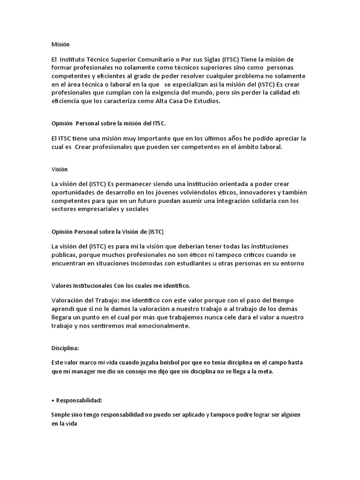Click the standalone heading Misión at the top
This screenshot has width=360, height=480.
[x=60, y=45]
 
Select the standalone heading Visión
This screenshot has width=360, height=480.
[x=60, y=169]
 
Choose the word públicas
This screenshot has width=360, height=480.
[x=64, y=255]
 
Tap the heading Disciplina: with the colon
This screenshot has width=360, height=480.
[x=65, y=348]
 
